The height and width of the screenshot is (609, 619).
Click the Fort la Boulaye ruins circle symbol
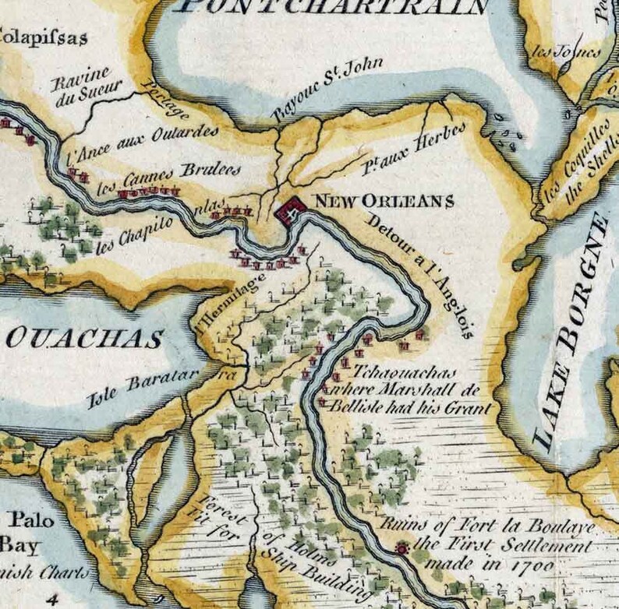pyautogui.click(x=402, y=548)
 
